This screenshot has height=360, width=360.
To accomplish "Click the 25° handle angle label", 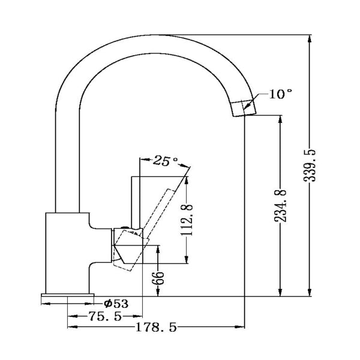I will (x=166, y=161).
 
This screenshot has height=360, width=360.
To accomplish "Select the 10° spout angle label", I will (x=280, y=94).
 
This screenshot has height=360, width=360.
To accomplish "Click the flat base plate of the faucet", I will (x=67, y=296).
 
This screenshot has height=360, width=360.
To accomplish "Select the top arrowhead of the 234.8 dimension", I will (x=280, y=118).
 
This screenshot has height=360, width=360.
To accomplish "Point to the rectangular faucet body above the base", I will (x=67, y=252).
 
